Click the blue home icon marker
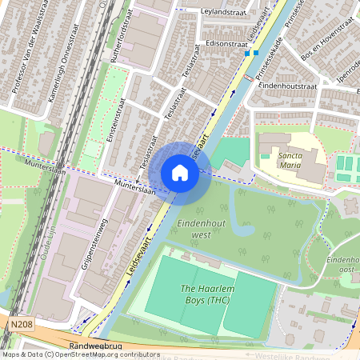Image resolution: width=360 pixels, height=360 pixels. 179,172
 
